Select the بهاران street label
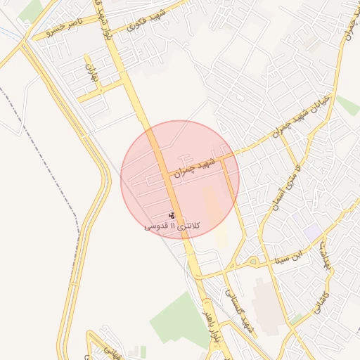pyautogui.click(x=90, y=75)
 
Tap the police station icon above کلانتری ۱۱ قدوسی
pyautogui.click(x=173, y=214)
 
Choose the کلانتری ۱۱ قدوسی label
pyautogui.click(x=172, y=226)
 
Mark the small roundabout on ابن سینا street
pyautogui.click(x=252, y=262)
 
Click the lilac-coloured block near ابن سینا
pyautogui.click(x=313, y=233)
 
